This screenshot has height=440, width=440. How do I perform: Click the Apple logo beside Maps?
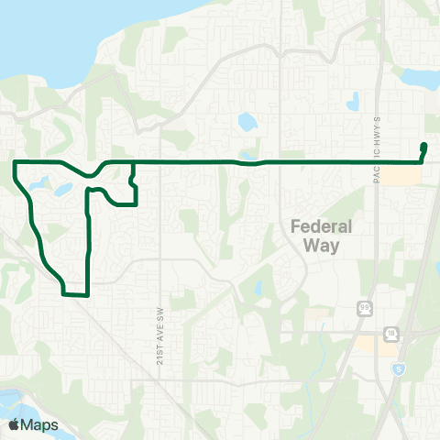pyautogui.click(x=15, y=424)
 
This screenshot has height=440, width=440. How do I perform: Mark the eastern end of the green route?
pyautogui.click(x=423, y=146)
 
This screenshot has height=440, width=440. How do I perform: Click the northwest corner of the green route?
pyautogui.click(x=15, y=161)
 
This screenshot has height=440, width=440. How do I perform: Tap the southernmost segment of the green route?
pyautogui.click(x=74, y=295)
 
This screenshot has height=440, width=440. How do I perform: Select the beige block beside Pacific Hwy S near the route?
pyautogui.click(x=395, y=174)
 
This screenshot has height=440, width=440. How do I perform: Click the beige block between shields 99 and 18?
pyautogui.click(x=377, y=344)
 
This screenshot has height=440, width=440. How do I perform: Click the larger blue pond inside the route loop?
pyautogui.click(x=62, y=190)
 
